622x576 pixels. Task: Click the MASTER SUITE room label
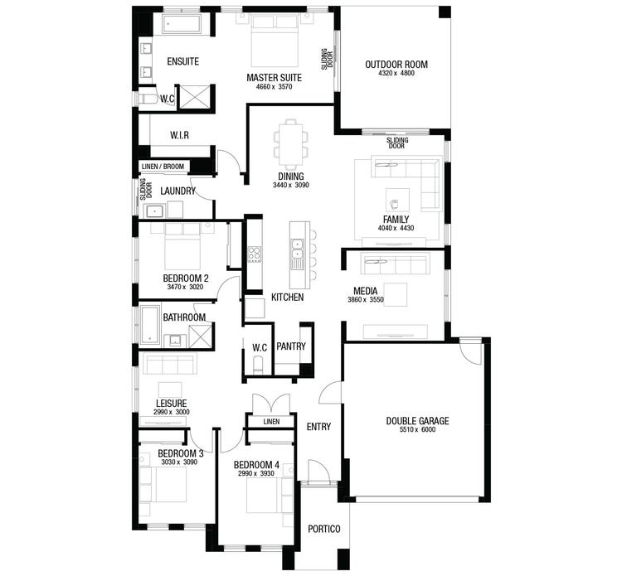[x=274, y=78]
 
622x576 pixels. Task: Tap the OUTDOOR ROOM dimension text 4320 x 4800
[x=396, y=74]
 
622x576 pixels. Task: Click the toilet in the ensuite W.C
[x=148, y=99]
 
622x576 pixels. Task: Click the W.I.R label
[x=182, y=135]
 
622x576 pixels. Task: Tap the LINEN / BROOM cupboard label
[x=163, y=167]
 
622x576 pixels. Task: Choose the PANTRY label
[x=291, y=346]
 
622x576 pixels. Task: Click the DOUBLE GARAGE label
[x=417, y=421]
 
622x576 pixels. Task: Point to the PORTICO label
[x=320, y=529]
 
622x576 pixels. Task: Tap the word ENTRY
[x=318, y=427]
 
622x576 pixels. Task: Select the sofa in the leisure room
[x=169, y=365]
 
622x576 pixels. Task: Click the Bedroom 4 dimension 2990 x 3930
[x=254, y=473]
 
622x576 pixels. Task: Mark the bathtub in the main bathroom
[x=150, y=324]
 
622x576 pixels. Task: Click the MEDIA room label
[x=366, y=292]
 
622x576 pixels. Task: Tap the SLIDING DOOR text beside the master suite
[x=326, y=59]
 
